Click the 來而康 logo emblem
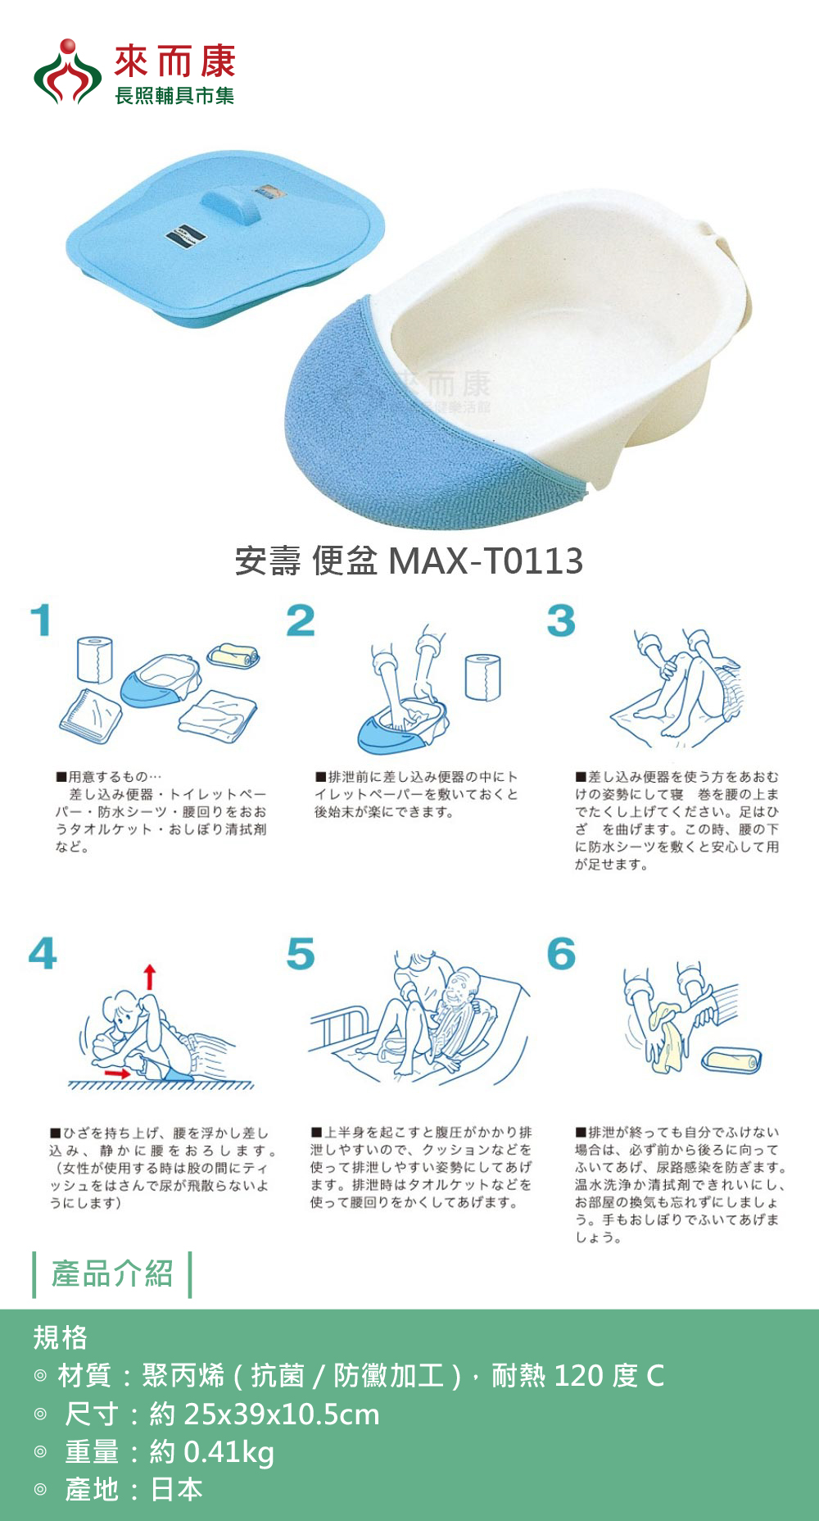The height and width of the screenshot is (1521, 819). [67, 72]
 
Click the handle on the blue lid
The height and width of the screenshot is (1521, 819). [232, 205]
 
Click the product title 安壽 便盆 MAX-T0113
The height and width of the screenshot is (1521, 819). [409, 561]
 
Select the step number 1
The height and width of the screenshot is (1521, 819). [41, 620]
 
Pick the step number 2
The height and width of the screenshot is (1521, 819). [301, 620]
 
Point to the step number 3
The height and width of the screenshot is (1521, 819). [561, 620]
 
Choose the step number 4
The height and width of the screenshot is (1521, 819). [43, 953]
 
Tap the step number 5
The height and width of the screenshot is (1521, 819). [301, 953]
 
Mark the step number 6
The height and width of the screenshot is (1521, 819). [561, 953]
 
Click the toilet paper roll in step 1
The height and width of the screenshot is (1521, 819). [95, 660]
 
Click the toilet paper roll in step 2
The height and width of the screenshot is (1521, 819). [483, 677]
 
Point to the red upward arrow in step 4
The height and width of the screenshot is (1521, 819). [149, 978]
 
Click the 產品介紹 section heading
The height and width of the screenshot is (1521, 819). [112, 1274]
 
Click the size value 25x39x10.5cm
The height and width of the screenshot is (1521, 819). [282, 1414]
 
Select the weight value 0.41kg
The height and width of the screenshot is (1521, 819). [229, 1452]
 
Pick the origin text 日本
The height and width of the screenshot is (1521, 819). [176, 1489]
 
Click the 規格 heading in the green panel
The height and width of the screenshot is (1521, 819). [60, 1337]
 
